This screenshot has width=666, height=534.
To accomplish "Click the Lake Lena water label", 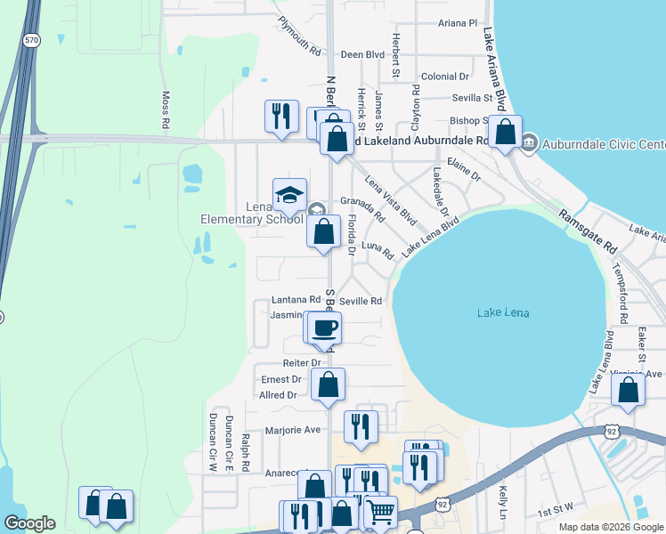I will click(503, 312).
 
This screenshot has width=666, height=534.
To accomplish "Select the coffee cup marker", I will click(326, 328).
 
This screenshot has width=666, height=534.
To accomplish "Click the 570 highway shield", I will click(32, 40).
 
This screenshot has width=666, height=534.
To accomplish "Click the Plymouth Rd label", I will click(298, 36).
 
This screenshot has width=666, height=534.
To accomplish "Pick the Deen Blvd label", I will click(362, 54).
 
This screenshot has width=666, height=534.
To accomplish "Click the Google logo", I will click(30, 523).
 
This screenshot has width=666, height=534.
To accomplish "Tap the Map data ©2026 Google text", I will click(611, 527).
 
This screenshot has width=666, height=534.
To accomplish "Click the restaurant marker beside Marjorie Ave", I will click(361, 426).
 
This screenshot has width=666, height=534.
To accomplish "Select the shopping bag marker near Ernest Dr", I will click(329, 384).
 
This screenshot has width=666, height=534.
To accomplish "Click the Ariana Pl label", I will click(460, 23).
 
